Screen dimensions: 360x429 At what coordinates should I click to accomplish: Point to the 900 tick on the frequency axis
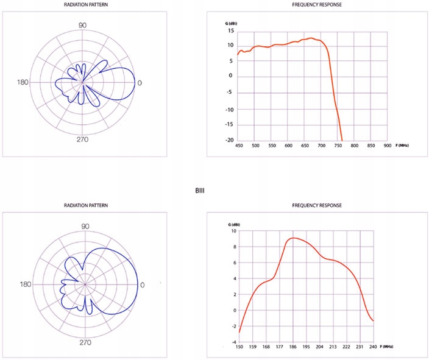coord(388,146)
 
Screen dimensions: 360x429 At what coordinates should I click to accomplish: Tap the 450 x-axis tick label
coord(239,146)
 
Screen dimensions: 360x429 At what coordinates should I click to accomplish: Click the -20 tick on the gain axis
coord(229,140)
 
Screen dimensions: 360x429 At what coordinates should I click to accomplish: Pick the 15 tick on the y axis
coord(230,29)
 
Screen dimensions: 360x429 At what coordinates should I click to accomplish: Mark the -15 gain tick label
coord(229,125)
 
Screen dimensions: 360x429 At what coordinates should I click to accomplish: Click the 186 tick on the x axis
coord(293,347)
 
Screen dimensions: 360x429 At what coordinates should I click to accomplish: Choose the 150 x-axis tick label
coord(239,347)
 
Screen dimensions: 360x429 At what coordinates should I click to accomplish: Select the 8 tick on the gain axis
coord(234,247)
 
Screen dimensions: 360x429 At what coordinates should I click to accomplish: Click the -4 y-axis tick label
coord(233,342)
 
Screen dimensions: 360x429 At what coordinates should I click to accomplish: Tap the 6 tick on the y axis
coord(234,263)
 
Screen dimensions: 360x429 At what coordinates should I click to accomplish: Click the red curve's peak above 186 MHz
coord(294,238)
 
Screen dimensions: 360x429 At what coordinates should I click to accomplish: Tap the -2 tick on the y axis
coord(233,326)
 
